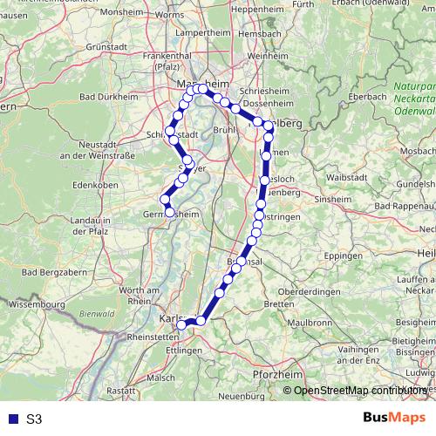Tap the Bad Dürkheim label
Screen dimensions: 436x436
click(107, 97)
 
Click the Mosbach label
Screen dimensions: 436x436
click(415, 151)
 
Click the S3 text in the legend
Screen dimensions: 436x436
click(34, 419)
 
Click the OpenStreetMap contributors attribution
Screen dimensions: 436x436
click(359, 391)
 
